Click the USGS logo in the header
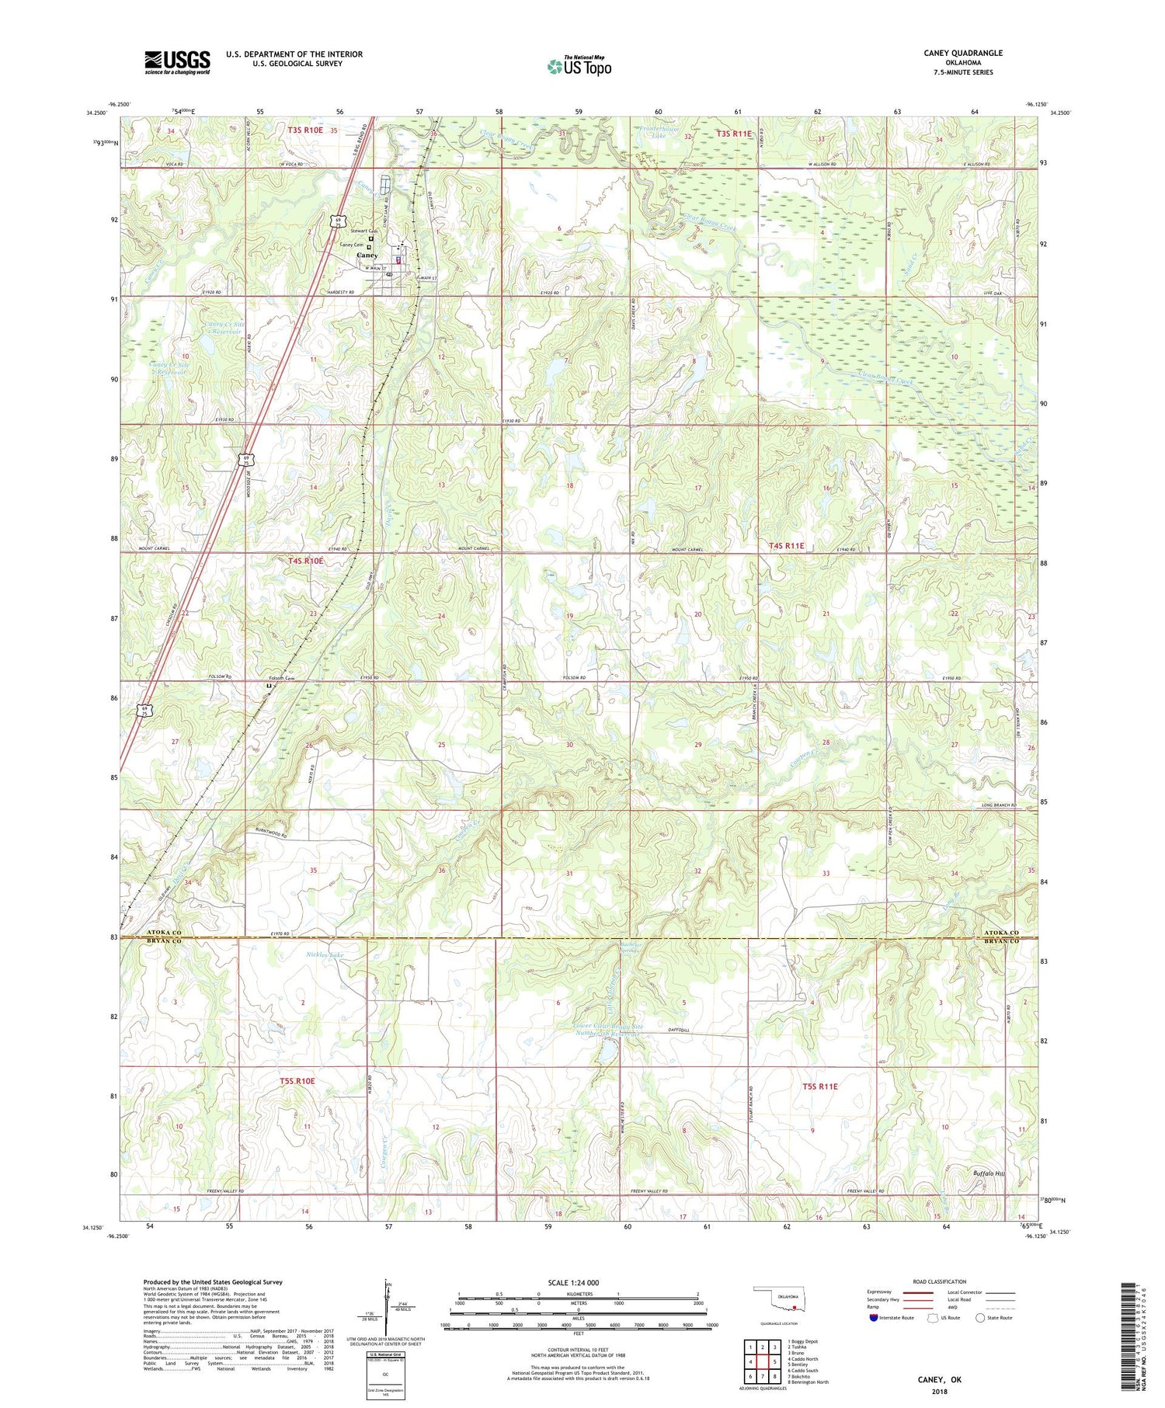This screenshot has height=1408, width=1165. tap(177, 62)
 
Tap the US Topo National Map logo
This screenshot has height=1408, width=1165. tap(579, 66)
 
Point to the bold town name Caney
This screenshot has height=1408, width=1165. tap(367, 256)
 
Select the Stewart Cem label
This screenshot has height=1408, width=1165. tap(363, 231)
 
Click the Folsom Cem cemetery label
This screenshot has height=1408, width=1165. tap(283, 678)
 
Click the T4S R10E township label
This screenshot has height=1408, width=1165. tap(305, 560)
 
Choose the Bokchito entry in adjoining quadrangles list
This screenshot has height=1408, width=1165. tap(802, 1376)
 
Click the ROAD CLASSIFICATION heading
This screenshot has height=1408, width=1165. tap(940, 1281)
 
